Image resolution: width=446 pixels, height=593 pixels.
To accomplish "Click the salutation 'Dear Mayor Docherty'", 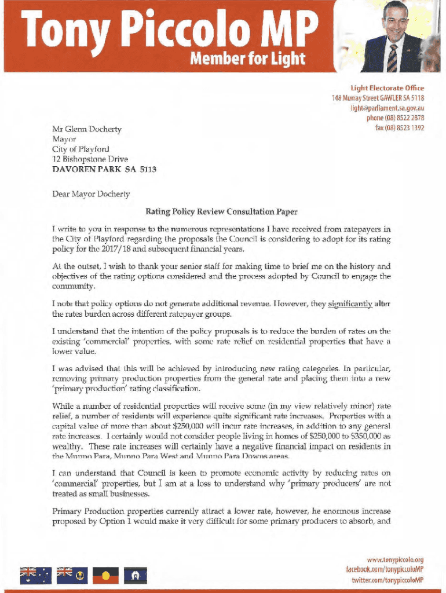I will pyautogui.click(x=91, y=193).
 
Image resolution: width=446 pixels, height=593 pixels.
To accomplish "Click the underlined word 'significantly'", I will pyautogui.click(x=350, y=303).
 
